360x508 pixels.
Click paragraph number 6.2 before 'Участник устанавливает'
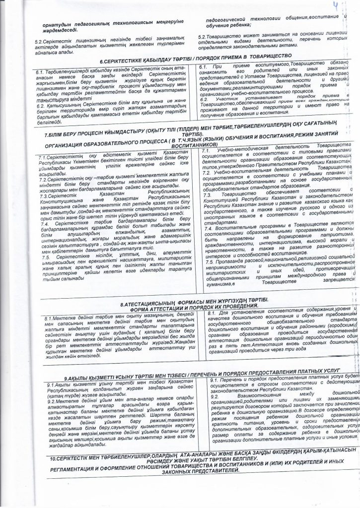[x=204, y=98]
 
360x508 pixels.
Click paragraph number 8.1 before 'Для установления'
[x=210, y=313]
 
